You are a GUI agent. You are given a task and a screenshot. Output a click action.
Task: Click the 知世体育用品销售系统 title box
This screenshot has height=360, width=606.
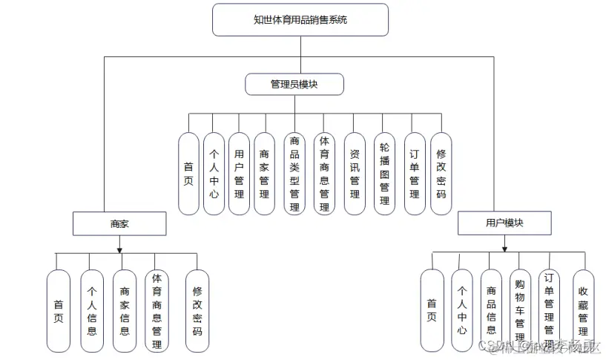(x=300, y=20)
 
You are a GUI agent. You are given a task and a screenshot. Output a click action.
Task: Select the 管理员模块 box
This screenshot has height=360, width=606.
(x=294, y=85)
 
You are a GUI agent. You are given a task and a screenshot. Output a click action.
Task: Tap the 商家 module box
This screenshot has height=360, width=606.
(x=119, y=223)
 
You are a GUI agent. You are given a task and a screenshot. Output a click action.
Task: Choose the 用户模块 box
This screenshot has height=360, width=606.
(x=504, y=223)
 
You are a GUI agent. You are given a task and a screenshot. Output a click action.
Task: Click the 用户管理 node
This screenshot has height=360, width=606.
(x=239, y=174)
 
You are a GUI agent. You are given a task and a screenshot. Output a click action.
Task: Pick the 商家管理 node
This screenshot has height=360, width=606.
(x=264, y=174)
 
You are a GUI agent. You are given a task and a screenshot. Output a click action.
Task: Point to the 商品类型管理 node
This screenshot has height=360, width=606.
(x=294, y=174)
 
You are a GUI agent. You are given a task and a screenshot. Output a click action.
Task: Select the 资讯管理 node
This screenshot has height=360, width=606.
(x=355, y=174)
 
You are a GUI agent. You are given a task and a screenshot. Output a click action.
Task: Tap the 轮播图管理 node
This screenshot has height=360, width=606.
(x=384, y=174)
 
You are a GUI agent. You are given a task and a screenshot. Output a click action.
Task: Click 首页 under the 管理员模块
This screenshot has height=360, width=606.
(x=189, y=174)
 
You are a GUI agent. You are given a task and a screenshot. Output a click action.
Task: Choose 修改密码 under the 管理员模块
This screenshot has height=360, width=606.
(x=441, y=174)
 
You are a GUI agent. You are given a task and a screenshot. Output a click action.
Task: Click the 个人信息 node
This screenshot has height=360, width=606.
(x=92, y=310)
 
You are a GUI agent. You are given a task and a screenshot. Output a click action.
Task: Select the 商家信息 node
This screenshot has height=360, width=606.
(x=125, y=310)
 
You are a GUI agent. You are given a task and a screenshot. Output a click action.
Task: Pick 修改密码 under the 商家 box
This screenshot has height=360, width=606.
(x=197, y=310)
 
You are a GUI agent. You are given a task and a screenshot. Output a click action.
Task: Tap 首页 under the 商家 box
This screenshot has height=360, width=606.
(x=58, y=310)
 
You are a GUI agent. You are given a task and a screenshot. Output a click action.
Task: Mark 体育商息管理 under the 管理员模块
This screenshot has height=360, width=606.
(x=324, y=174)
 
